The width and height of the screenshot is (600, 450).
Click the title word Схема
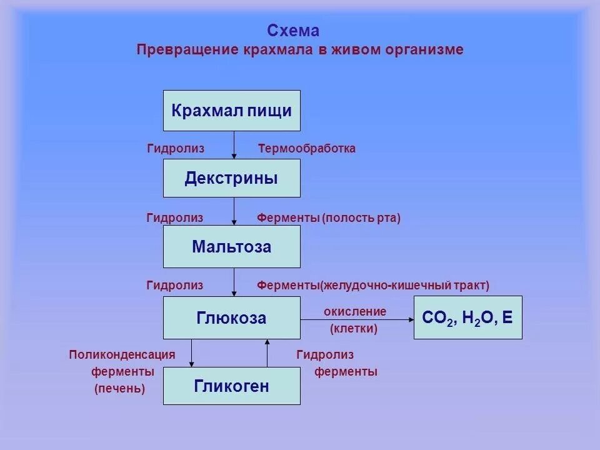click(x=293, y=31)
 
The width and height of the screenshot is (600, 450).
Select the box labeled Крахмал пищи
click(x=231, y=111)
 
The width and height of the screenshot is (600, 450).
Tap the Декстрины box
click(x=231, y=178)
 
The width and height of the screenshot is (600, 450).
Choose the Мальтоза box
click(x=231, y=247)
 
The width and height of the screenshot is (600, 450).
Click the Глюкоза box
click(x=231, y=318)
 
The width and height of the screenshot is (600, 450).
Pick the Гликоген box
click(x=231, y=386)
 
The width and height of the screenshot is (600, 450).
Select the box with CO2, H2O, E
click(x=467, y=318)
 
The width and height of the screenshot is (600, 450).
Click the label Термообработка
click(x=307, y=149)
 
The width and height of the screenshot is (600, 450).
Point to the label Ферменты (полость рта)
click(x=329, y=218)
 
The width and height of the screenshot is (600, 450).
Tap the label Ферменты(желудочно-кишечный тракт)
click(x=373, y=286)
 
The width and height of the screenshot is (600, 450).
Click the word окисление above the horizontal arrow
click(x=355, y=311)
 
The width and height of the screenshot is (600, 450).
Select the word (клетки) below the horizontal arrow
click(x=354, y=328)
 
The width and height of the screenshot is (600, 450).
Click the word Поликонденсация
click(x=122, y=355)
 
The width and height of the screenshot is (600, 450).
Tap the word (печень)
click(x=120, y=389)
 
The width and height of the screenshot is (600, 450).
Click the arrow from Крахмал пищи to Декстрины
click(x=234, y=145)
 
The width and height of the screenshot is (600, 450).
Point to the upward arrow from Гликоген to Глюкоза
click(x=267, y=352)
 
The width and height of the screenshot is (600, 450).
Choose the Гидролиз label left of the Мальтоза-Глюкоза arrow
click(x=175, y=286)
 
